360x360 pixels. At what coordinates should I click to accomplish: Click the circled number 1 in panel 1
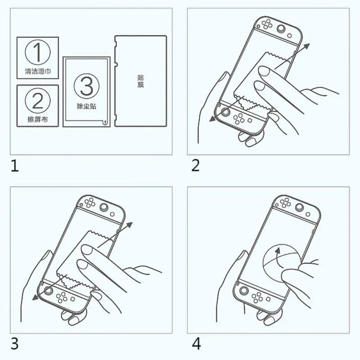point(38,52)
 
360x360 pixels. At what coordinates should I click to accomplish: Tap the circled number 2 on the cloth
point(38,100)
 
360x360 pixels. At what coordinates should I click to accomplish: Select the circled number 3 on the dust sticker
point(86,86)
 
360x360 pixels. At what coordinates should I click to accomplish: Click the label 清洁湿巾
point(38,71)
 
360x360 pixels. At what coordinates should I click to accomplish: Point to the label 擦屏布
point(38,119)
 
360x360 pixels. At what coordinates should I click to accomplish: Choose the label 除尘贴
point(86,106)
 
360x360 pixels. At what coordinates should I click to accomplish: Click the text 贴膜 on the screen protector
point(140,81)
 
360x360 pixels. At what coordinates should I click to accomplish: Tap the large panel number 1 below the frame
point(14,166)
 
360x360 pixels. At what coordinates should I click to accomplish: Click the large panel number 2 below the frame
point(195,166)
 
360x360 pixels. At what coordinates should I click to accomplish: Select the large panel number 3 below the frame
point(14,344)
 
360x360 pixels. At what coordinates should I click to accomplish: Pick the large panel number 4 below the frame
point(196,344)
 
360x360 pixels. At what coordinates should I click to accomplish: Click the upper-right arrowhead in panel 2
point(306,47)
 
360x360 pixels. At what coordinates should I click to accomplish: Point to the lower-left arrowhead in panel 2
point(213,118)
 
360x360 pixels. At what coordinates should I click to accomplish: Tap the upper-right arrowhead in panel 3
point(129,225)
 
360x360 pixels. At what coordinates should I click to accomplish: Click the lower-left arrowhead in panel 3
point(36,297)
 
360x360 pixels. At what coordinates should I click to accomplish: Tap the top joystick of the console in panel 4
point(299,207)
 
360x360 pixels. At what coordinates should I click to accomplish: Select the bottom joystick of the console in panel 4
point(244,291)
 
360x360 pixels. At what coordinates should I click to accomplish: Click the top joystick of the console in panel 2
point(280,29)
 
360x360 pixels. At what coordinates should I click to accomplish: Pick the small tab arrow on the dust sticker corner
point(105,122)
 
